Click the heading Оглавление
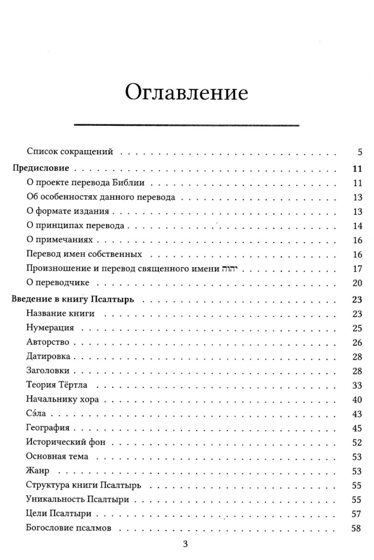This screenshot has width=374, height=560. point(186,92)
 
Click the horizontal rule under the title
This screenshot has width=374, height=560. point(186,125)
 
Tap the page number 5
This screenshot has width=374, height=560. point(359,152)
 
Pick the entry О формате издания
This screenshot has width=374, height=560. point(68,211)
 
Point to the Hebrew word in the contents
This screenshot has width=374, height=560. point(221,268)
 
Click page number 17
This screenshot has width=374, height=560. point(356,268)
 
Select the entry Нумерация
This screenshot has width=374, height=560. point(50,328)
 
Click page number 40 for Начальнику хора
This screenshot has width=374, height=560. point(356,400)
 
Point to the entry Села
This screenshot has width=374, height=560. point(36,413)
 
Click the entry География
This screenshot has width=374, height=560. point(48,428)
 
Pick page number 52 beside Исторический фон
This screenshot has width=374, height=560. point(356,442)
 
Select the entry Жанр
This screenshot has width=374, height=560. point(38,471)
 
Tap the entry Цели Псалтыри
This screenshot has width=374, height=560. point(59,513)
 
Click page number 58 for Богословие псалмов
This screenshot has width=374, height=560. point(356,528)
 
